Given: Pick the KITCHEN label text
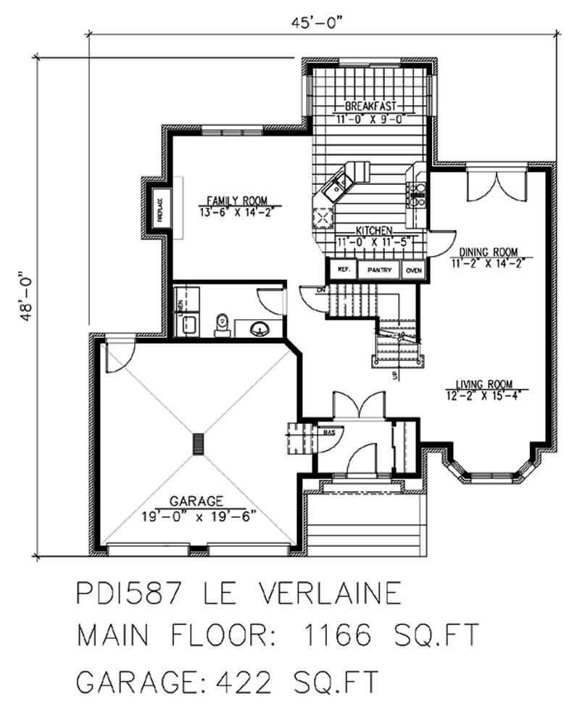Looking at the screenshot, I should click(373, 230).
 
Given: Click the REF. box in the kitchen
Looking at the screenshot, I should click(343, 270).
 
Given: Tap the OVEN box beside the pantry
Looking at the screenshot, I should click(414, 270).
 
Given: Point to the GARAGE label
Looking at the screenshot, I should click(196, 500).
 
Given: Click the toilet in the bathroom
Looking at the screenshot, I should click(222, 325).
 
